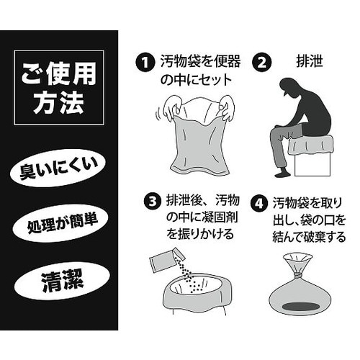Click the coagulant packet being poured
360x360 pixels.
163,260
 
